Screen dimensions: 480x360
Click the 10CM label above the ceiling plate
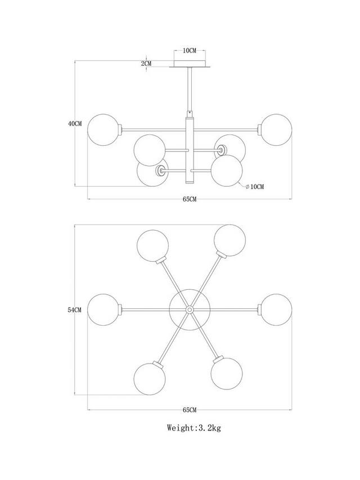pos(190,51)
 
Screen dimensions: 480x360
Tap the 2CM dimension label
pos(146,64)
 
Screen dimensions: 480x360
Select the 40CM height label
pos(75,123)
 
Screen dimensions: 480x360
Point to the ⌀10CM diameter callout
pos(254,186)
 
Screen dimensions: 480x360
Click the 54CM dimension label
pos(75,310)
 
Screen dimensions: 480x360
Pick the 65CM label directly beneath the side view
pos(190,199)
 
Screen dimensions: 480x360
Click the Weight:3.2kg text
pos(194,428)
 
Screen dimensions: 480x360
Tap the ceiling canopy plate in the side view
pos(190,66)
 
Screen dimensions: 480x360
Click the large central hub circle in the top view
pos(190,309)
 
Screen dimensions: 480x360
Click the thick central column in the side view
pos(190,150)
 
